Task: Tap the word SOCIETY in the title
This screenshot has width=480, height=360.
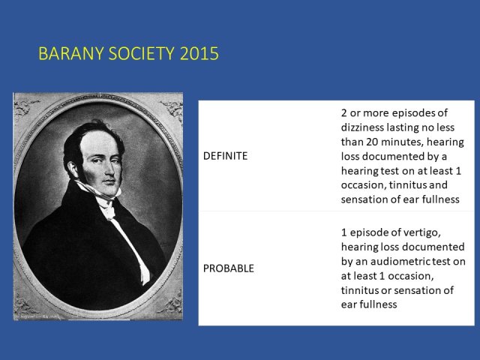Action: click(142, 53)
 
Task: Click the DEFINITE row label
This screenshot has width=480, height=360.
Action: click(225, 156)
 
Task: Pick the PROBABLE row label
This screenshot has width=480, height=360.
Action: click(229, 268)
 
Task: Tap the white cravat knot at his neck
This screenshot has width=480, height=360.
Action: click(108, 211)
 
